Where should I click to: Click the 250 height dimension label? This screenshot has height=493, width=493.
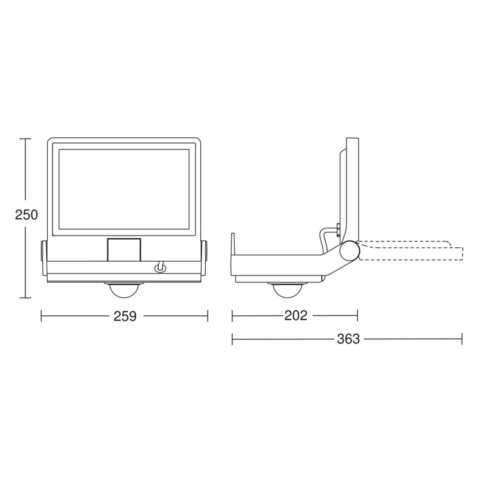[27, 215]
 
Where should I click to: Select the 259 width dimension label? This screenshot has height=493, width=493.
[125, 316]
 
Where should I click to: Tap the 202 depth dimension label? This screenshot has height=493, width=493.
[296, 316]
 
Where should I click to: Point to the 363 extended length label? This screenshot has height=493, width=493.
[348, 339]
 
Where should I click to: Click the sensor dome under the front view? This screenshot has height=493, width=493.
[124, 290]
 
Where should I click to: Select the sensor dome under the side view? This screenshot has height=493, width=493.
[287, 290]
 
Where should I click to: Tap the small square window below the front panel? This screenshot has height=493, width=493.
[124, 250]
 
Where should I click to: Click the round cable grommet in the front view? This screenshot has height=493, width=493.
[160, 268]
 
